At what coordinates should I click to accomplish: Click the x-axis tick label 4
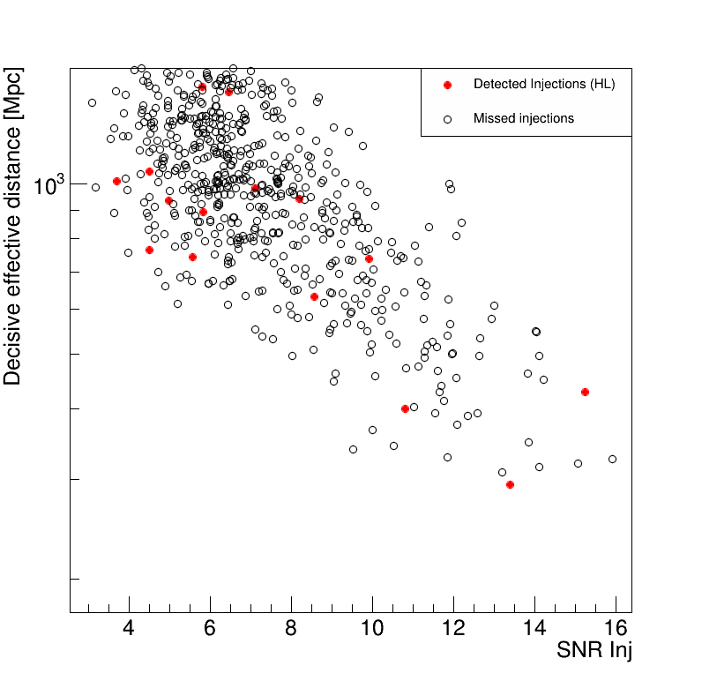(130, 629)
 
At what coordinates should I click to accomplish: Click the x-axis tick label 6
(211, 629)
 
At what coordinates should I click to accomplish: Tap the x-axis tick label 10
(372, 629)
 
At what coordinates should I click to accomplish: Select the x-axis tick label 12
(453, 629)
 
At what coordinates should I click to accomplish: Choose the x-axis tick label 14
(534, 629)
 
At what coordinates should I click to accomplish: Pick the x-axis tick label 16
(616, 629)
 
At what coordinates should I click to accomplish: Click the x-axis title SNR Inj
(594, 652)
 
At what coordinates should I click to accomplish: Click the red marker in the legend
(447, 85)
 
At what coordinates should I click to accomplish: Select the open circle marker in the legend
(447, 118)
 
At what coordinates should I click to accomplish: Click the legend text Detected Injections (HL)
(543, 85)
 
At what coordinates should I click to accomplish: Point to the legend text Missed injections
(523, 118)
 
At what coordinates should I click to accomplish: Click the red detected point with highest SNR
(585, 392)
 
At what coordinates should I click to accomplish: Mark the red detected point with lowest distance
(510, 484)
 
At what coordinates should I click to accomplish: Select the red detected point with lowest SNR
(116, 181)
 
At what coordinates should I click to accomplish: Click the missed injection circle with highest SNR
(612, 459)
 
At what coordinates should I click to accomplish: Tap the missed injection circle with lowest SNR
(92, 102)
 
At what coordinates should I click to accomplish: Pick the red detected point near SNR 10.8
(405, 408)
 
